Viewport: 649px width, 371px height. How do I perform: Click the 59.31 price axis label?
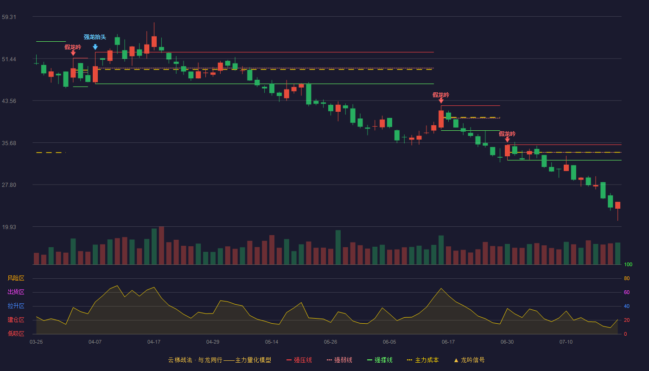coord(9,17)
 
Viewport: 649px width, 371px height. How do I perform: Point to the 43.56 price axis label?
coord(9,101)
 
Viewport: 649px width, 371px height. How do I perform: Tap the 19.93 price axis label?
coord(9,227)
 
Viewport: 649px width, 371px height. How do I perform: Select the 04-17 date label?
coord(154,342)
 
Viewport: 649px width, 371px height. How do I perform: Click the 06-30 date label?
coord(507,342)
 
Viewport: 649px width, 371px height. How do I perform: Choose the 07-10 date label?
coord(566,342)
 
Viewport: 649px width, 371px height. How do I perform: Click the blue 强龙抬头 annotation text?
coord(95,37)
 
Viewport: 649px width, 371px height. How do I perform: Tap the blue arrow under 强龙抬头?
coord(95,47)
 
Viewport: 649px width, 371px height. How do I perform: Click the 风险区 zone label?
coord(16,278)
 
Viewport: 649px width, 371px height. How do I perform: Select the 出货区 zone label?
coord(16,292)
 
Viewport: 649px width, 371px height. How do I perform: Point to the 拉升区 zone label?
coord(16,306)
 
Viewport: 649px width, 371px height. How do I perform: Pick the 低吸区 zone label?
coord(16,333)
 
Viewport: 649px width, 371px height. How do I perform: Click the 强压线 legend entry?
coord(299,360)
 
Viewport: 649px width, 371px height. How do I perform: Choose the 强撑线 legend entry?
coord(380,360)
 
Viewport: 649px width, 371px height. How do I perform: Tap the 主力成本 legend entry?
coord(423,360)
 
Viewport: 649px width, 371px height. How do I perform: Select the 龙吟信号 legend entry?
coord(469,360)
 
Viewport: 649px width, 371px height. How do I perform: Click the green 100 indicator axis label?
coord(628,264)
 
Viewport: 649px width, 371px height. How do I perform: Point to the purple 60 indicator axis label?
coord(627,292)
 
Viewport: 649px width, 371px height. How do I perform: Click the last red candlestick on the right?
coord(617,205)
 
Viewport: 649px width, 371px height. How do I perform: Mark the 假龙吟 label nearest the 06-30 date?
coord(507,134)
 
